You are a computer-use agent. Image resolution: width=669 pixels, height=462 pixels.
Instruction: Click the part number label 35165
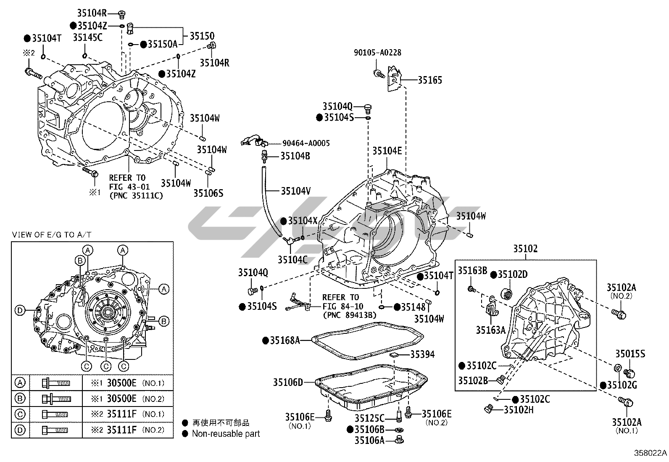[x=429, y=80]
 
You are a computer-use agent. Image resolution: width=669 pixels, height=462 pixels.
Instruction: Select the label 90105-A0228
[x=377, y=53]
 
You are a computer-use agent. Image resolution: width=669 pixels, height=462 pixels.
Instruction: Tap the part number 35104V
[x=295, y=191]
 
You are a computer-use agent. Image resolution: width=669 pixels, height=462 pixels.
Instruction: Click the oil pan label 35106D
[x=288, y=382]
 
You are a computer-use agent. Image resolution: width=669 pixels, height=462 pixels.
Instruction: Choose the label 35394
[x=422, y=354]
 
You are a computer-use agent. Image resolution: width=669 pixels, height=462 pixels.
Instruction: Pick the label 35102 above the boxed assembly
[x=525, y=249]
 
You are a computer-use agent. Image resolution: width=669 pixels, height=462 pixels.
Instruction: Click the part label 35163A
[x=490, y=330]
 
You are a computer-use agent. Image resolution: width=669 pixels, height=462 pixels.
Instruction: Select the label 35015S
[x=630, y=354]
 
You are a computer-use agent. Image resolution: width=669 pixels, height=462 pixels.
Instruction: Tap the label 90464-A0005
[x=300, y=143]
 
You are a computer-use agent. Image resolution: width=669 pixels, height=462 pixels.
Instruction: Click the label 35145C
[x=87, y=37]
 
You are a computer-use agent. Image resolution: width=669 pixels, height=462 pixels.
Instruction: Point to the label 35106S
[x=208, y=193]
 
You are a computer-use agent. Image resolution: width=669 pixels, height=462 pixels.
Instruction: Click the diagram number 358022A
[x=651, y=453]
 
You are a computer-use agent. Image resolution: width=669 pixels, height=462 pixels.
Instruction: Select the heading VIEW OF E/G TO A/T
[x=52, y=235]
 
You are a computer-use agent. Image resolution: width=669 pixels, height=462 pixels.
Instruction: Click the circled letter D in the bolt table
[x=20, y=430]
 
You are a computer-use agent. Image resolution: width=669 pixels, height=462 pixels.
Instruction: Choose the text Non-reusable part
[x=226, y=433]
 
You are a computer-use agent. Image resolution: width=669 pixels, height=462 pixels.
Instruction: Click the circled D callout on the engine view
[x=19, y=311]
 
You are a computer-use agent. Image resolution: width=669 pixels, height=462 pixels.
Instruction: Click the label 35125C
[x=369, y=418]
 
